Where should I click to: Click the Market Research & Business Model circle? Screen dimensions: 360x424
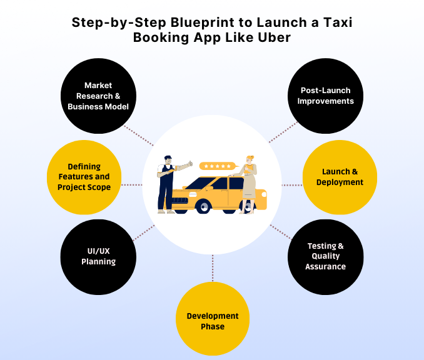98,96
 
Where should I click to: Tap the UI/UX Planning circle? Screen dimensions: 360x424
98,256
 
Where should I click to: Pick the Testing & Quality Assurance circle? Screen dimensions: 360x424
325,256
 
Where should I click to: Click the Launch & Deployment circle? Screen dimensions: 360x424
340,176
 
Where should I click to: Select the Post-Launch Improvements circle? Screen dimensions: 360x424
325,96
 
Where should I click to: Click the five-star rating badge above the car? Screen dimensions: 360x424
218,166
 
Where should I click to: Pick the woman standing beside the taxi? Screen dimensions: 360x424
249,181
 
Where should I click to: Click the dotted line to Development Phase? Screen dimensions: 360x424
213,267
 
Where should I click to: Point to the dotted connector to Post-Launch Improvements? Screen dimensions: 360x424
283,132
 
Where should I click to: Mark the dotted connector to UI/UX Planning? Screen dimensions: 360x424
143,232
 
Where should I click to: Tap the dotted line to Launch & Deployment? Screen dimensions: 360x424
292,185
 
